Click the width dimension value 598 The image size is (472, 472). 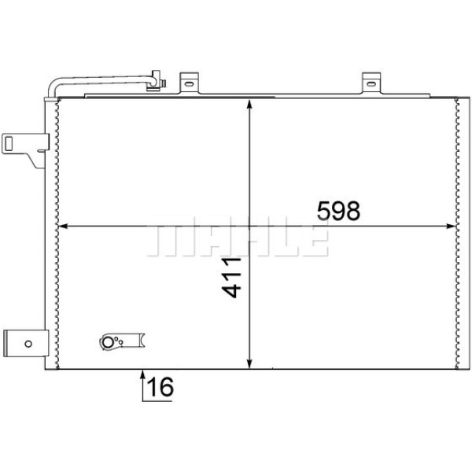(x=337, y=210)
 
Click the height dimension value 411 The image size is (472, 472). (x=232, y=278)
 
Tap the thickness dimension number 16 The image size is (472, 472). (x=159, y=387)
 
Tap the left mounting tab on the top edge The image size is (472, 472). (x=188, y=83)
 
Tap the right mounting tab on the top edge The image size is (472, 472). (x=371, y=83)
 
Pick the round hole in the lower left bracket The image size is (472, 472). (x=28, y=343)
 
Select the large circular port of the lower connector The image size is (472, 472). (x=108, y=342)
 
